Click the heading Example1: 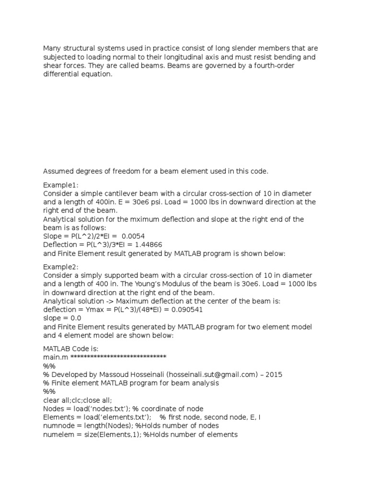(61, 185)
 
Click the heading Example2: (61, 267)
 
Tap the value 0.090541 (186, 309)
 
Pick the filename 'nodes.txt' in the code (99, 409)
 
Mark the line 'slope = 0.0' (62, 318)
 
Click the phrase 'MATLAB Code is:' (69, 348)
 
